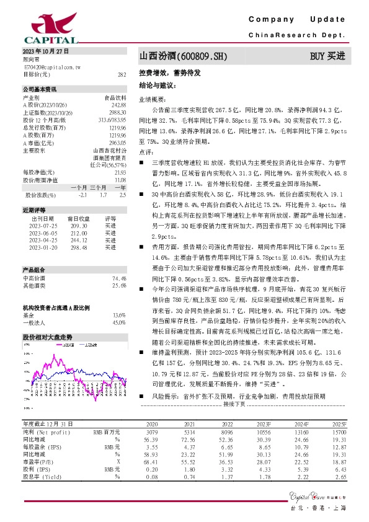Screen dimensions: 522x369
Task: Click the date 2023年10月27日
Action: (45, 51)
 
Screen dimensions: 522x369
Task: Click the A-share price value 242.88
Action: (118, 104)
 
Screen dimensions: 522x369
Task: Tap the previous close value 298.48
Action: (79, 247)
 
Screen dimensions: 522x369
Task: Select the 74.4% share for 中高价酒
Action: (119, 279)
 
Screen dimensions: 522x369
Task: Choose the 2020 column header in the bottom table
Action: (152, 424)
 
